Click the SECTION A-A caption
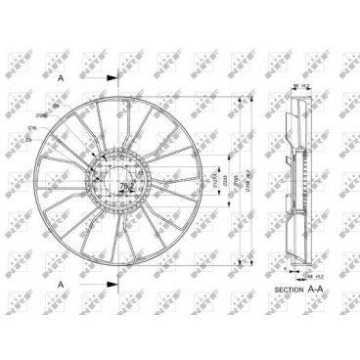point(300,291)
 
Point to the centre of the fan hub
point(118,180)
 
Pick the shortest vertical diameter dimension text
point(213,180)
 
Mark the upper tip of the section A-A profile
point(292,98)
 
